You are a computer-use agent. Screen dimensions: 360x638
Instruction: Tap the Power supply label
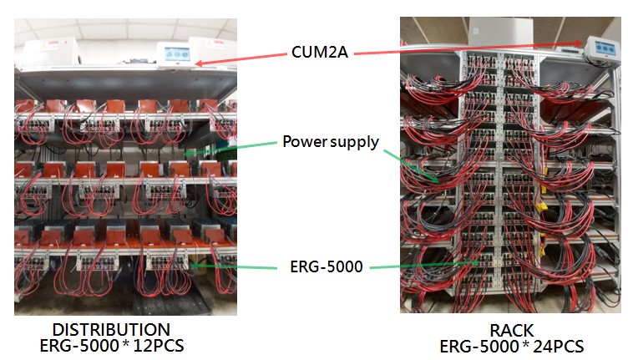330,141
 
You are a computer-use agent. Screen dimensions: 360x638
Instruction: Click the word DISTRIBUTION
111,329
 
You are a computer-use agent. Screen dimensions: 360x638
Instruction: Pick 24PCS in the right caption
555,346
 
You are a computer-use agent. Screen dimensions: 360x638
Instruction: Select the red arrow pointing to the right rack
468,48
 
